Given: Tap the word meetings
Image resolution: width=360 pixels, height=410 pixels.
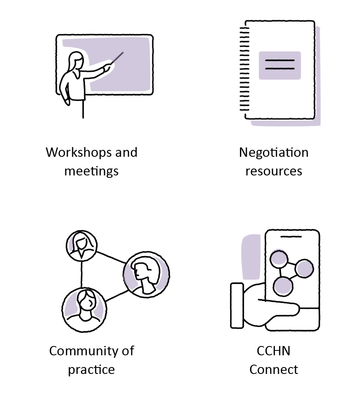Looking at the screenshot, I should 91,171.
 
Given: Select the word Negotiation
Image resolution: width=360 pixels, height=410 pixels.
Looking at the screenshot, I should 274,152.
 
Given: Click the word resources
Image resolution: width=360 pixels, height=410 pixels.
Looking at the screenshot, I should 274,171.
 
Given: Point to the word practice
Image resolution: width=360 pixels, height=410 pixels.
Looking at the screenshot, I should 91,369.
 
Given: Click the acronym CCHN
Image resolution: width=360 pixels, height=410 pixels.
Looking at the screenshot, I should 274,351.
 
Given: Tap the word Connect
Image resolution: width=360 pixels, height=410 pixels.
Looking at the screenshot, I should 274,369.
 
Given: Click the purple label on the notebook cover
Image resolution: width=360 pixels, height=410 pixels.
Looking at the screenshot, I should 280,65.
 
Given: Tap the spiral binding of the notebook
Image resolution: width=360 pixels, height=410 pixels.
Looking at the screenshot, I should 243,69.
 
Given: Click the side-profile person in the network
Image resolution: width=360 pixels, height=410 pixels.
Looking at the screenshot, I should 146,274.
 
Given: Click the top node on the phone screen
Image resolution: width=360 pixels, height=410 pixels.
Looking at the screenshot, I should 279,258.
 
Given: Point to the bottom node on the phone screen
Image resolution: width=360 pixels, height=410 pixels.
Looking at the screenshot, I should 283,286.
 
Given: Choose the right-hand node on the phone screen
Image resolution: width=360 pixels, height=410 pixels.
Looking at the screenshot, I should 304,268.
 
